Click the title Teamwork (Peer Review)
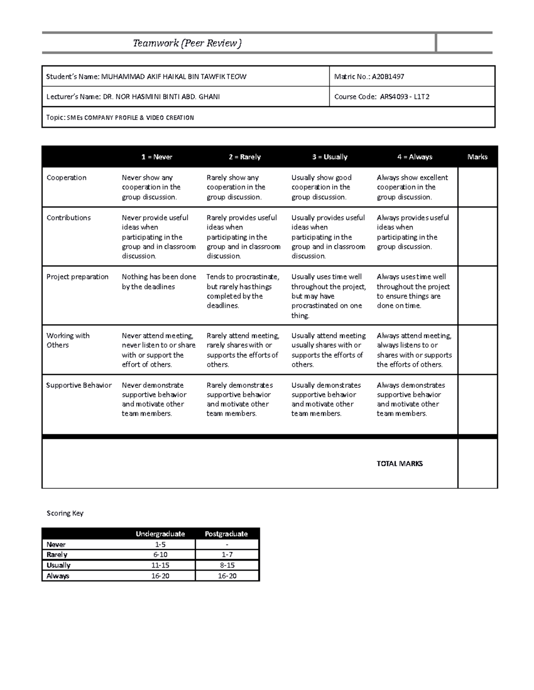[187, 43]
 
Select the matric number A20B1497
[369, 76]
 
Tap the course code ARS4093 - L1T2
[381, 97]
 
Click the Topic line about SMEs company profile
[120, 118]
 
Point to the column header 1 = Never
[157, 157]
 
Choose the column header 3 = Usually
[330, 157]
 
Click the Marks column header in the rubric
[477, 157]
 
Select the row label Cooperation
[66, 178]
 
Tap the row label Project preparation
[77, 277]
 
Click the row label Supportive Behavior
[79, 385]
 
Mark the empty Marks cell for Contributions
[477, 236]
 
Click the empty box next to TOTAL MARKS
[477, 463]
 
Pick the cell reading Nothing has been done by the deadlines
[159, 282]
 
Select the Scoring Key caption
[65, 513]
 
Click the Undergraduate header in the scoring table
[160, 534]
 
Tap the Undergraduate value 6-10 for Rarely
[160, 555]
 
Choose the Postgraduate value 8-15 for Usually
[227, 565]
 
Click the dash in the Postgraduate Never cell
[227, 545]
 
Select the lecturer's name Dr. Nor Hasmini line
[133, 97]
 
